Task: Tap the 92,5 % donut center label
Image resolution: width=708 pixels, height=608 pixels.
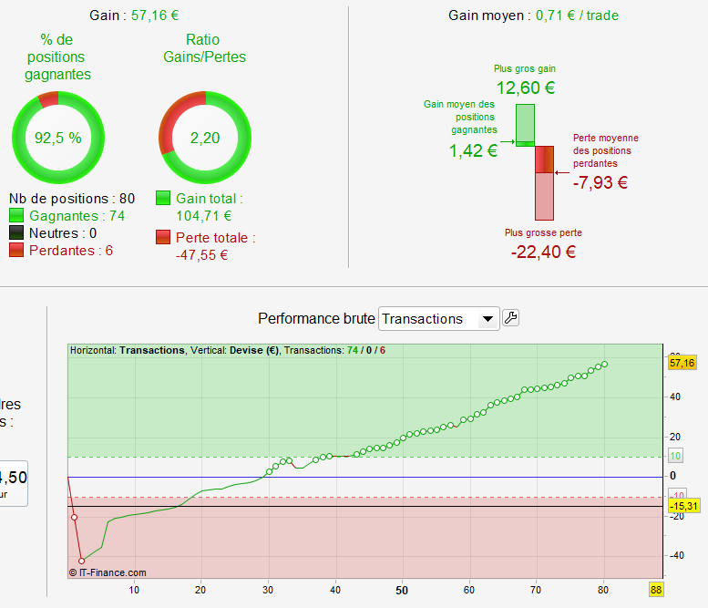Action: click(58, 139)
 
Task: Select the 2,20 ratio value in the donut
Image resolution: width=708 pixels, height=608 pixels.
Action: click(205, 139)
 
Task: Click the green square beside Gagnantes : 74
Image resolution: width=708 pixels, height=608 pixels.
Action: click(17, 216)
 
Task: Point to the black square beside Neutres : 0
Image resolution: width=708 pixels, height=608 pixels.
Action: click(17, 233)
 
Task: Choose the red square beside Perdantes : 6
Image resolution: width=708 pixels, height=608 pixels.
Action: click(17, 251)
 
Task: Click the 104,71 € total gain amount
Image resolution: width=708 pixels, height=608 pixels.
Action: click(204, 216)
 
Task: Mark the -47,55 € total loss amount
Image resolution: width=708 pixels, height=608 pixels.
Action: click(201, 255)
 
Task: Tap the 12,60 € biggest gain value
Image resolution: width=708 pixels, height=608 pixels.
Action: click(525, 88)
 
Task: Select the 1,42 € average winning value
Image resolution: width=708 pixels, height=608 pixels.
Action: click(473, 150)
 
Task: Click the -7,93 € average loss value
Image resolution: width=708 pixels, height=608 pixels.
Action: click(600, 181)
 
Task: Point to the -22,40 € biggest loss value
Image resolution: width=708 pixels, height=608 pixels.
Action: click(543, 252)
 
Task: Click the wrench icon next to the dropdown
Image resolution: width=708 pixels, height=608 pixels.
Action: click(511, 317)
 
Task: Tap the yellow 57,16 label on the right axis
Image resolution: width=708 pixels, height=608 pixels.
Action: click(682, 363)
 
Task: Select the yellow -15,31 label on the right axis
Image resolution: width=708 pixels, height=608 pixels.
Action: click(682, 506)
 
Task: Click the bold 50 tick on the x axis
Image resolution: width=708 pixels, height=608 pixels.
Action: click(402, 590)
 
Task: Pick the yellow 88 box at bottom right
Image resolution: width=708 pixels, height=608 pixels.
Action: click(656, 590)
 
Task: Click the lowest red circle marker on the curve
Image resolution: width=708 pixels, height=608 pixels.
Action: click(81, 562)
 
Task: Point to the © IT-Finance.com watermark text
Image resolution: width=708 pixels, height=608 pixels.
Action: click(108, 572)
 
